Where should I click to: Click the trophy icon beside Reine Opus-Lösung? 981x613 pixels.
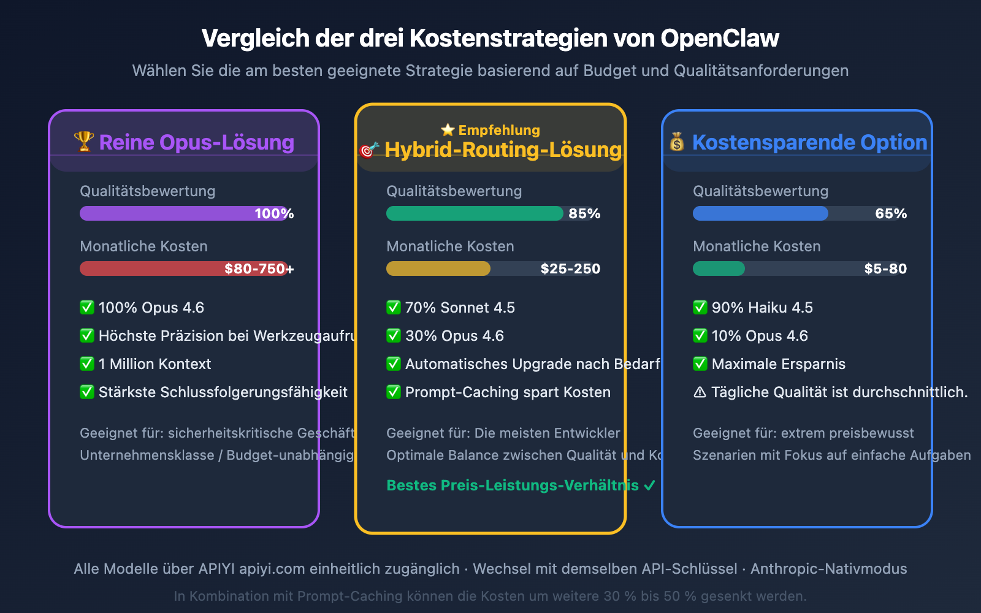83,141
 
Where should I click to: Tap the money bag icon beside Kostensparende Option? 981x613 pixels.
677,142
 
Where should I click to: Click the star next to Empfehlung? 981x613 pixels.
448,130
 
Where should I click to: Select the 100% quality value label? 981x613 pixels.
274,213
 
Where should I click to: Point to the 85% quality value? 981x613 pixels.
584,213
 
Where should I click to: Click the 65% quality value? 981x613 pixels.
891,213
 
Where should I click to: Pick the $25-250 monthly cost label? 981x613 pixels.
570,268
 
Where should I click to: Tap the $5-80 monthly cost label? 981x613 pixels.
885,268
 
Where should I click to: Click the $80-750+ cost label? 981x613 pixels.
259,268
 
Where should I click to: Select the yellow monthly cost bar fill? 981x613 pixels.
438,268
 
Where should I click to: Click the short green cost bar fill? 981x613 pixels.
719,268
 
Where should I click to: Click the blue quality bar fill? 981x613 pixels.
760,213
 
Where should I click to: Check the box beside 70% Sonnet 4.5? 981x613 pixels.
394,307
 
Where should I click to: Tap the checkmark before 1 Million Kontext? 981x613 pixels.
87,364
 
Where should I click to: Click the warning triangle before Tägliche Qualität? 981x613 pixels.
700,392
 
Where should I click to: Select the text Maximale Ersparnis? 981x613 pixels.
779,364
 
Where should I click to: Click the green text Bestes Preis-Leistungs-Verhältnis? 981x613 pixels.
513,485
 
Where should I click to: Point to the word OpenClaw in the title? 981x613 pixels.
720,38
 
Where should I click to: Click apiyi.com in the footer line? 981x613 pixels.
272,569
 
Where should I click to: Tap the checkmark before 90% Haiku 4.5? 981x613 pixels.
700,307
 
